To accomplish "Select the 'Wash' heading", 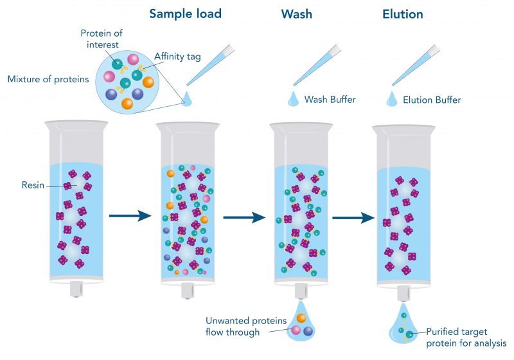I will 296,14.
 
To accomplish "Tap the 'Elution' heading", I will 402,14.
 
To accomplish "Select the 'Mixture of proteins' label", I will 48,80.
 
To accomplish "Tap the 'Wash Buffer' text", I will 330,100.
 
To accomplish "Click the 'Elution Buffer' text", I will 432,100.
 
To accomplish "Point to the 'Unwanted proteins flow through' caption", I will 233,326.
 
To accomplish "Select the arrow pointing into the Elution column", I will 353,218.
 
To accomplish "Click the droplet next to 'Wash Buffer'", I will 293,98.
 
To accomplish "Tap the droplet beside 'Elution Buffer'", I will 391,98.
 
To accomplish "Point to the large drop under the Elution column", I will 402,328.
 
